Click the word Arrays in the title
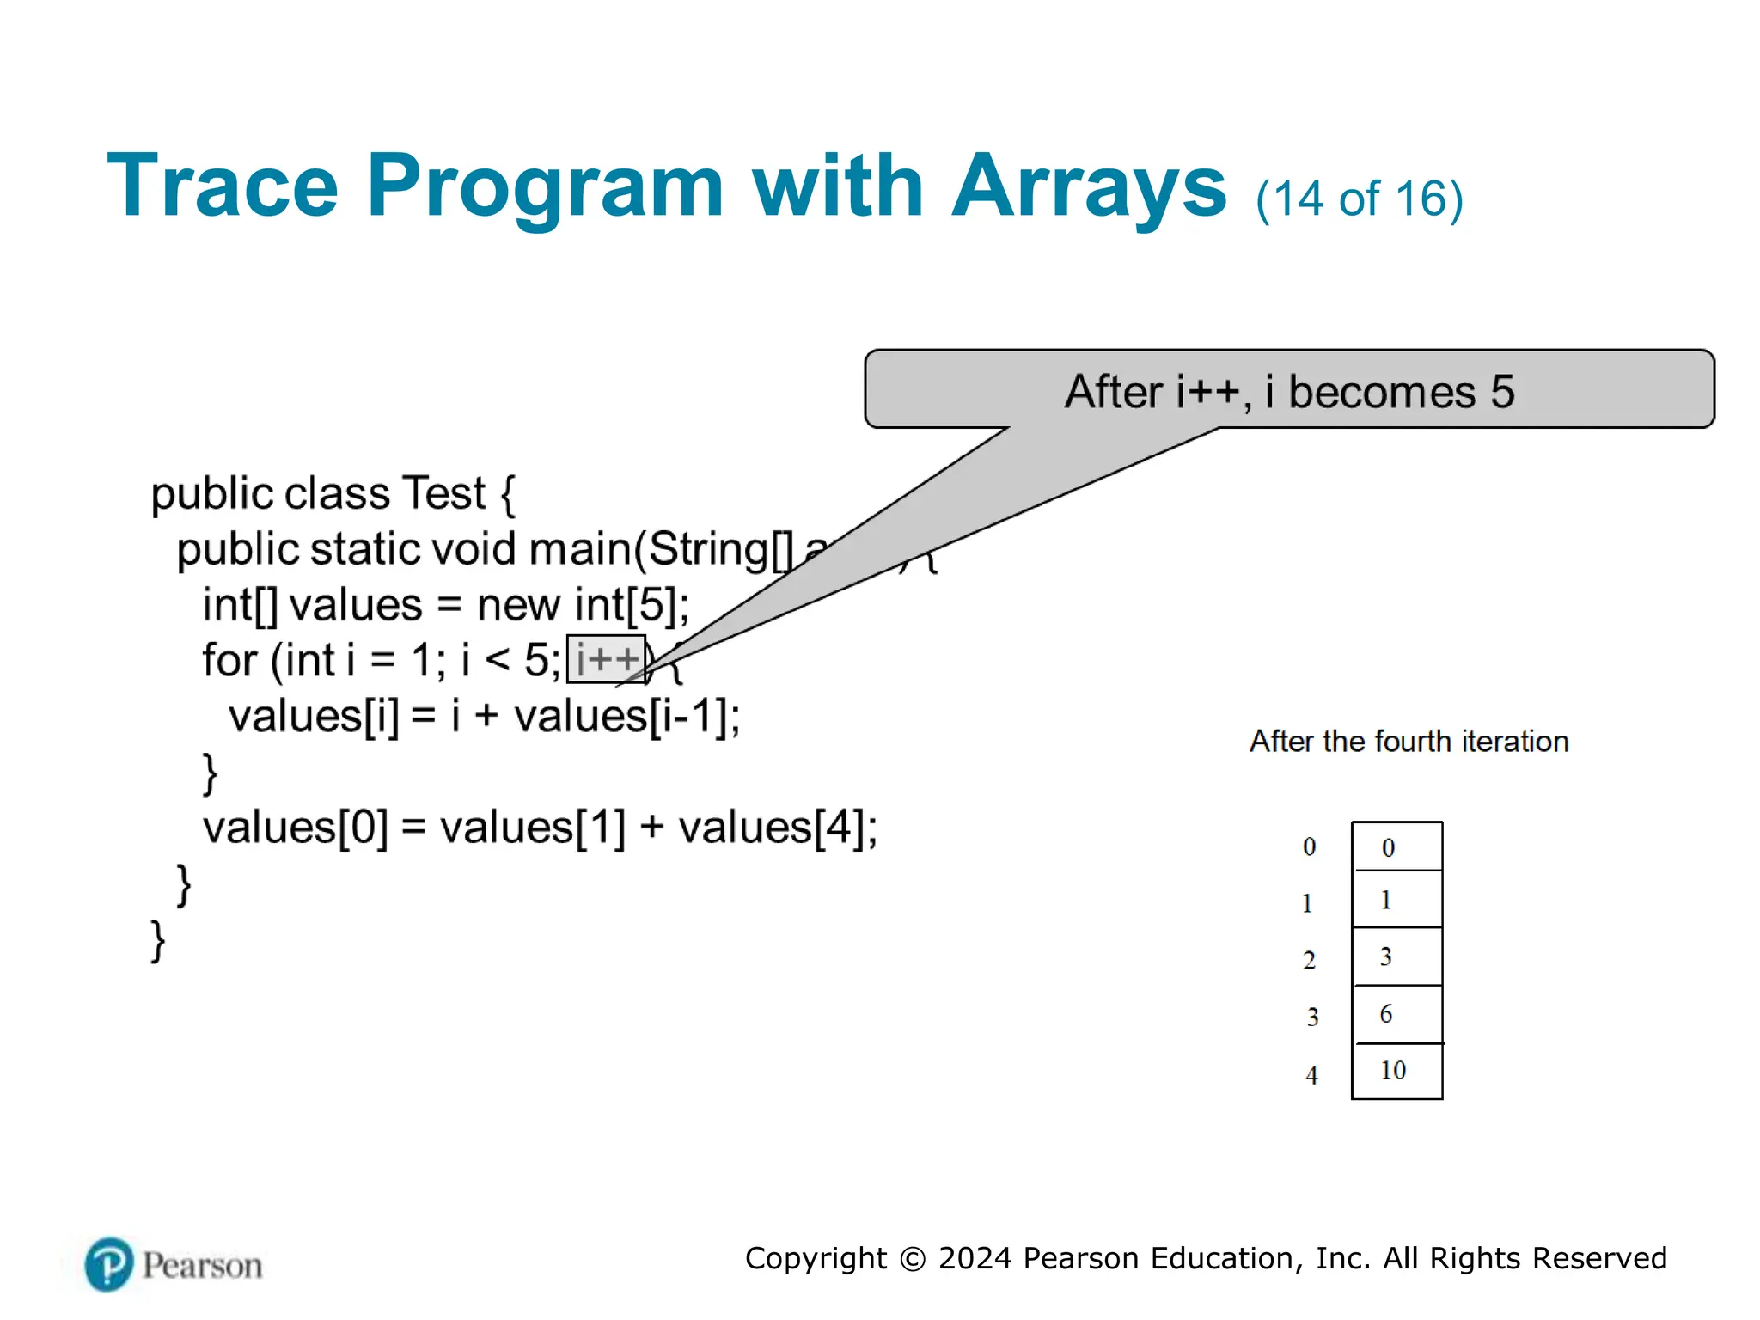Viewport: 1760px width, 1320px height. [x=1089, y=186]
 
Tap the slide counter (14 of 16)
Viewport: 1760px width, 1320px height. [x=1359, y=199]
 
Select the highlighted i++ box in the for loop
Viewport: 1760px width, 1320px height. [x=606, y=660]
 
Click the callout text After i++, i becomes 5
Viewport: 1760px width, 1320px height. [x=1289, y=391]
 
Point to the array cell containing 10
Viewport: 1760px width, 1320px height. [x=1396, y=1071]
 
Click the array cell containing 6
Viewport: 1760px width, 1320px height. [x=1396, y=1014]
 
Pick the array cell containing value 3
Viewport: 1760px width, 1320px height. [x=1396, y=956]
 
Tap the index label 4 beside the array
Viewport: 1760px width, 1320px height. [x=1311, y=1075]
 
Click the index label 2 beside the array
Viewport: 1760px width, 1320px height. [x=1309, y=960]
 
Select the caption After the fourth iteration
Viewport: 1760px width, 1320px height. [x=1409, y=742]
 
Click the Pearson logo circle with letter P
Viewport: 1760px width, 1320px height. [x=109, y=1264]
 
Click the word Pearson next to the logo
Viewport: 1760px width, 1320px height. [x=202, y=1266]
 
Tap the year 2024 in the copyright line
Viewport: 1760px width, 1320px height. [x=975, y=1258]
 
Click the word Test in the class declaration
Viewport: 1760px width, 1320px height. [x=443, y=494]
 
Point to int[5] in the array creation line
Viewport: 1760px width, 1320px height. [x=631, y=605]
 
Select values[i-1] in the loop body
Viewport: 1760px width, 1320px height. [x=626, y=716]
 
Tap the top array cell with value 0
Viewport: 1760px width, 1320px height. [x=1396, y=847]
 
